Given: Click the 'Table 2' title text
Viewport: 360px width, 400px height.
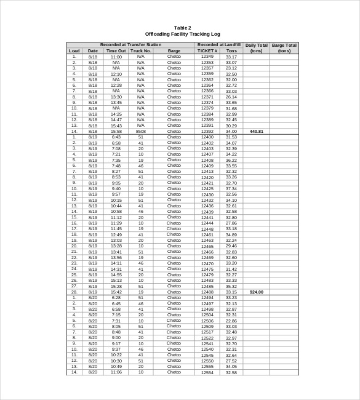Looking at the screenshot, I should coord(182,28).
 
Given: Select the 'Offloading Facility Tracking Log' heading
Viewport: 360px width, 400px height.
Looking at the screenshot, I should coord(182,34).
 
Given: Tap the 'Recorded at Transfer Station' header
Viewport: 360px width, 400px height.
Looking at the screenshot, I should coord(130,45).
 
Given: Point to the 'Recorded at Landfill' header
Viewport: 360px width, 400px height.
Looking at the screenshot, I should coord(218,45).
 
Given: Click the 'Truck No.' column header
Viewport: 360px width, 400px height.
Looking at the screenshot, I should coord(140,51).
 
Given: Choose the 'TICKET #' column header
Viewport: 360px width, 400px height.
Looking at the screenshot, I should coord(207,51).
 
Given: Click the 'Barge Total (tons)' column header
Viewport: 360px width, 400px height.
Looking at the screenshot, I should coord(284,48).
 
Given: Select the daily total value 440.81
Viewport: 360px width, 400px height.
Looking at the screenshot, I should coord(256,131).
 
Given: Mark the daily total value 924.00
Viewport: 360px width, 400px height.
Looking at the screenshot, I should coord(256,292).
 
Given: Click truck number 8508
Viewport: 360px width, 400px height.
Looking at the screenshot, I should coord(140,131).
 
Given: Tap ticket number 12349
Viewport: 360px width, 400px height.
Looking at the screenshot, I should coord(207,57).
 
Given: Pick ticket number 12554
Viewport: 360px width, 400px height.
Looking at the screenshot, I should coord(207,372).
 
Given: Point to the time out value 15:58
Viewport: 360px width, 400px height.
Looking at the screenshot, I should coord(116,131).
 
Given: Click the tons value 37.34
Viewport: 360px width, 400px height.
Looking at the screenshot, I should coord(231,189).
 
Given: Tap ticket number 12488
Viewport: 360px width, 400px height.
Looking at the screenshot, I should coord(207,292).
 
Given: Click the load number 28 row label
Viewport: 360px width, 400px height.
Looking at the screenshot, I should coord(74,292).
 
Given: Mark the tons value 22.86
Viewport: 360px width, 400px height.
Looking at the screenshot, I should coord(231,321).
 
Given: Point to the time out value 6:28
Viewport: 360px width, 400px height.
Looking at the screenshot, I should coord(116,297).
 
